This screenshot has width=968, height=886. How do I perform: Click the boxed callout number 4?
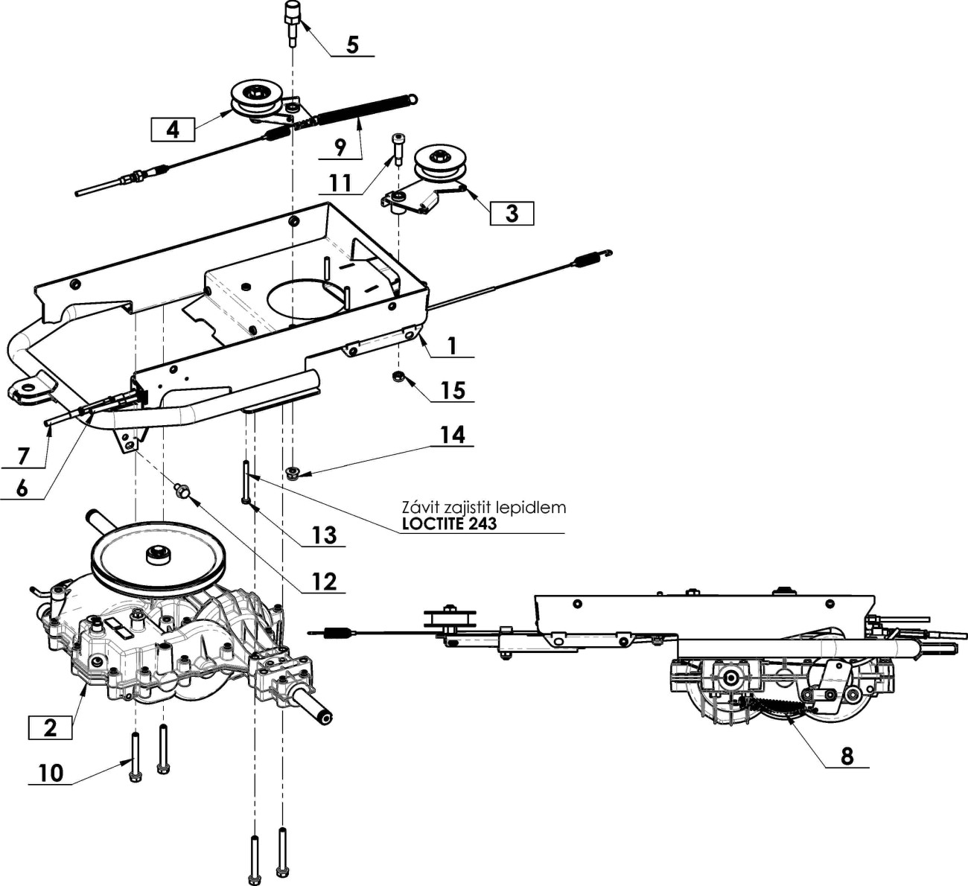[x=173, y=130]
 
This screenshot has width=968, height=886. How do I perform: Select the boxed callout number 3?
[x=512, y=213]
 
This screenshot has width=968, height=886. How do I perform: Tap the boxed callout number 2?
[x=50, y=727]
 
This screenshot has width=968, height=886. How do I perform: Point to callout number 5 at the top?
[x=353, y=45]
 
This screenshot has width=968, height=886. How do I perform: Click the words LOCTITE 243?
[x=449, y=523]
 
